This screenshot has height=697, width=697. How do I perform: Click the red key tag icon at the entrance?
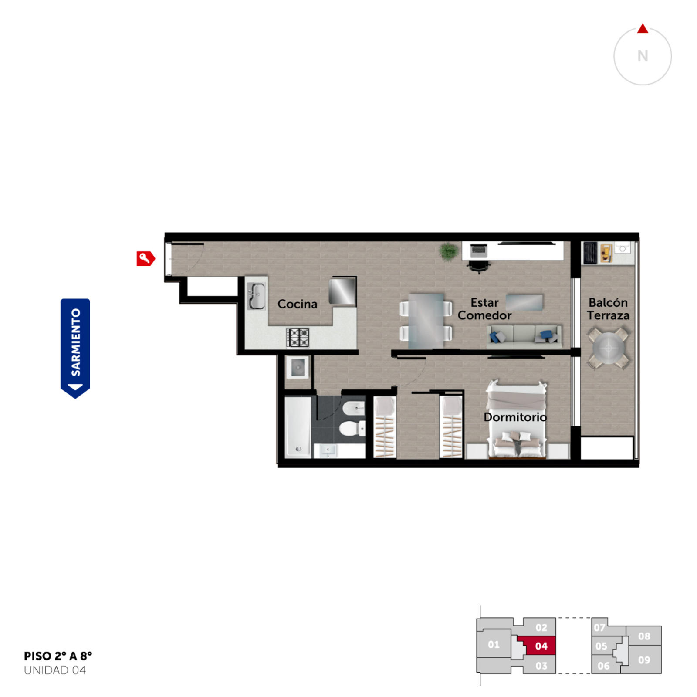pyautogui.click(x=145, y=258)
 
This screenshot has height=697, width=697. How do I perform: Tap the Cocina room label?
pyautogui.click(x=298, y=304)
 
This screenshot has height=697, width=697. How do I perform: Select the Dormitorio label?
pyautogui.click(x=515, y=417)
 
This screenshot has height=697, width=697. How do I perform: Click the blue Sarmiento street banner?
pyautogui.click(x=75, y=348)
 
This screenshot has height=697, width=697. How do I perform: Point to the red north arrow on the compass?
pyautogui.click(x=643, y=29)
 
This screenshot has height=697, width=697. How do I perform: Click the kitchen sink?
pyautogui.click(x=256, y=296)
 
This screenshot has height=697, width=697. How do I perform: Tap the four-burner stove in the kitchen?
pyautogui.click(x=298, y=338)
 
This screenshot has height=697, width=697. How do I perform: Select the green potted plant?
pyautogui.click(x=448, y=251)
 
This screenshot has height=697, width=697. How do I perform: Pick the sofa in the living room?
pyautogui.click(x=524, y=336)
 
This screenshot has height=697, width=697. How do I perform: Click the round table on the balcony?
pyautogui.click(x=609, y=348)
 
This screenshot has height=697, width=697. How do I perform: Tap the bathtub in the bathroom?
pyautogui.click(x=298, y=426)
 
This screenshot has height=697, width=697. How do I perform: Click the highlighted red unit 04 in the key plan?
pyautogui.click(x=538, y=646)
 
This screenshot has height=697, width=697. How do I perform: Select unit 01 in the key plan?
pyautogui.click(x=494, y=644)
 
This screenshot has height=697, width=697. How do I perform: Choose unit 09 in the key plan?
pyautogui.click(x=644, y=660)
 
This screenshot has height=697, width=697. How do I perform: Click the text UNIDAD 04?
pyautogui.click(x=55, y=670)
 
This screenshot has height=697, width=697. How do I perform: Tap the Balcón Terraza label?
pyautogui.click(x=608, y=309)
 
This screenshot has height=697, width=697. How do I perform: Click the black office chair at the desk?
pyautogui.click(x=478, y=266)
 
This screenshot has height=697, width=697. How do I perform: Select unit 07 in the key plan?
pyautogui.click(x=599, y=627)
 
